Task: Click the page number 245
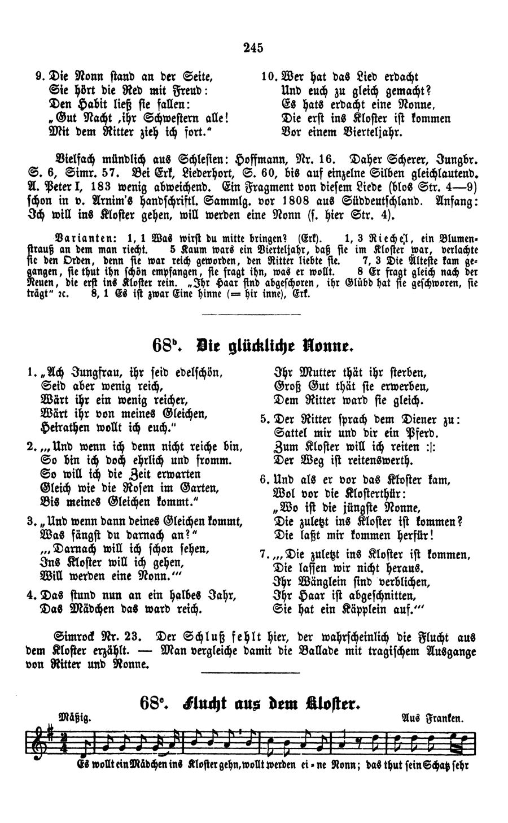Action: (254, 48)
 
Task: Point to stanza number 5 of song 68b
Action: (264, 420)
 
